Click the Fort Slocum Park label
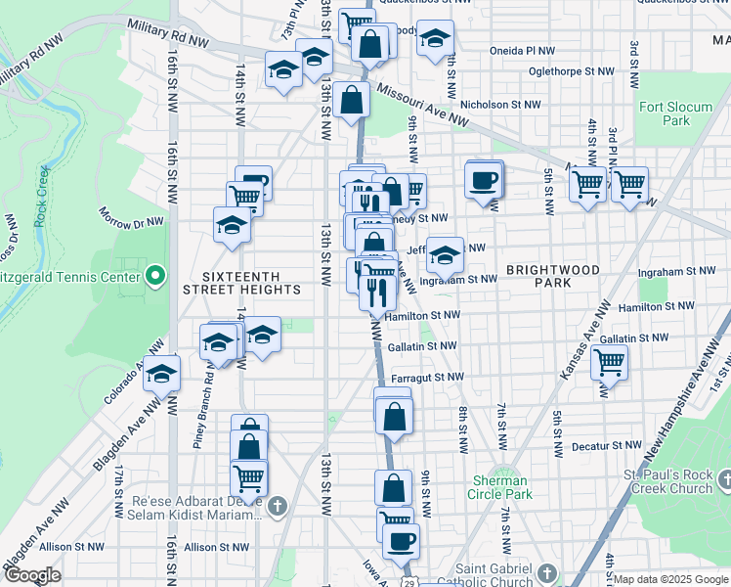point(664,113)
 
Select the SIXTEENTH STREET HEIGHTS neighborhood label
point(242,283)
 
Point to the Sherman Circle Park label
point(501,487)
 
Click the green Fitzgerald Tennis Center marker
point(153,278)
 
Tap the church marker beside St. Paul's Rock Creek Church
point(724,479)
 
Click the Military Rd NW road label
point(169,36)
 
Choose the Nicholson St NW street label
point(500,104)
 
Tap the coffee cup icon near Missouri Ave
point(484,180)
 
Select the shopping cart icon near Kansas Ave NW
point(610,362)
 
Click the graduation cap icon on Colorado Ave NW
point(162,375)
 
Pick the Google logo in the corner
point(32,575)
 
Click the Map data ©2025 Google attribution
point(670,579)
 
